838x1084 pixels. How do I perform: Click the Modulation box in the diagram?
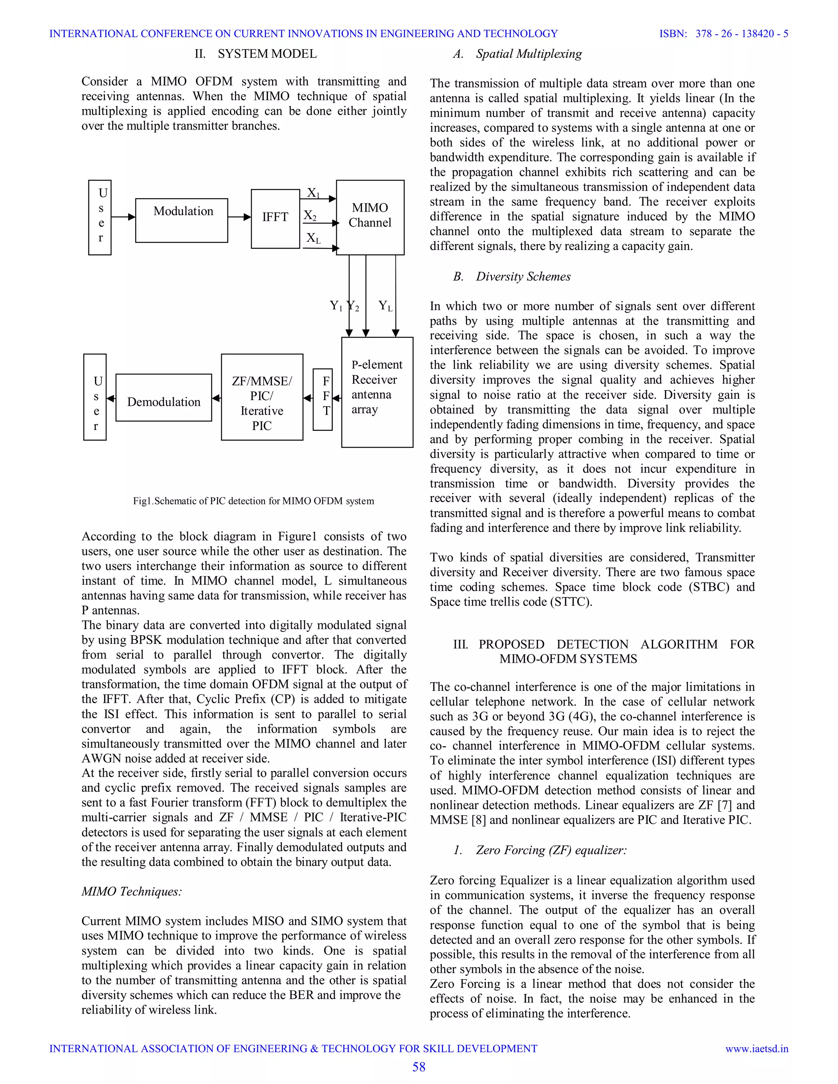tap(182, 220)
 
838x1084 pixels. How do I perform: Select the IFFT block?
tap(275, 218)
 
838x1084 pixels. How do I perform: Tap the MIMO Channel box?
tap(370, 217)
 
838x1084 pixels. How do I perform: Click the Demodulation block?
tap(164, 398)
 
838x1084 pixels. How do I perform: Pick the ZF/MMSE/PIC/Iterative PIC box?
tap(261, 397)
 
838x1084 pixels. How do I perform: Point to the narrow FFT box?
tap(323, 399)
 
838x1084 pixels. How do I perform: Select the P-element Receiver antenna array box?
tap(377, 392)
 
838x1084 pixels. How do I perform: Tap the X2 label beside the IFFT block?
tap(310, 216)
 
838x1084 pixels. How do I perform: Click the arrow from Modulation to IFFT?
tap(239, 217)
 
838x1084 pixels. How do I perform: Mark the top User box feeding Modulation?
tap(100, 217)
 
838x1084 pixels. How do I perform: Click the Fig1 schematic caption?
tap(253, 501)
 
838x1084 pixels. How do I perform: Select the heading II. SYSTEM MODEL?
tap(256, 54)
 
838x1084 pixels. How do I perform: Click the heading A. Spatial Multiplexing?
tap(517, 54)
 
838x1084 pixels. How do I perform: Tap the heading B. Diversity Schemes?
tap(512, 277)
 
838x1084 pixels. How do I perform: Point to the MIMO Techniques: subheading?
tap(132, 891)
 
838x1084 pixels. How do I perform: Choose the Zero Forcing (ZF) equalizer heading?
tap(540, 850)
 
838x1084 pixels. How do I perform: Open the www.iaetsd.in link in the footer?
tap(757, 1049)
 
